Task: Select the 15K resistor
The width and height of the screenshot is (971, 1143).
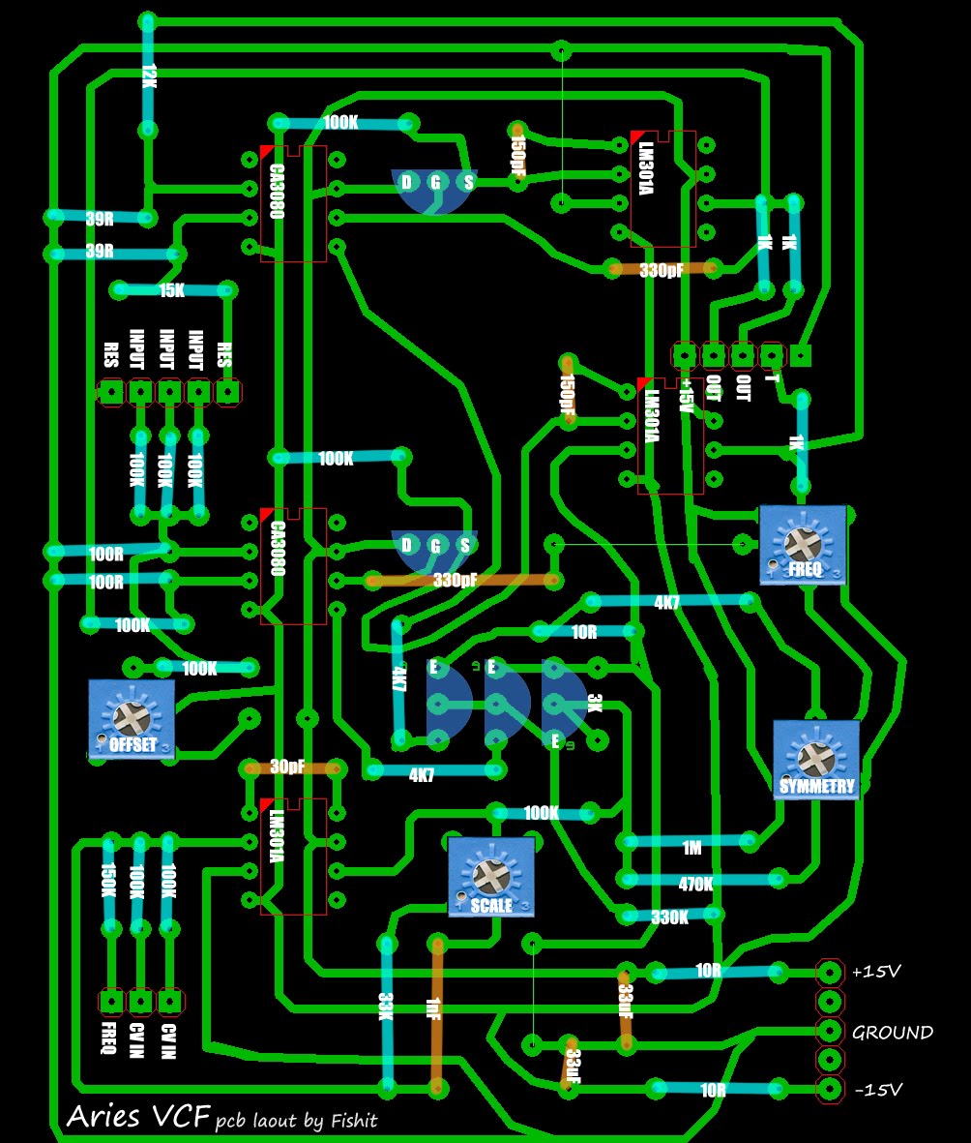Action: coord(172,289)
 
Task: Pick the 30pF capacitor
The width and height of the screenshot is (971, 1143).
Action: coord(291,767)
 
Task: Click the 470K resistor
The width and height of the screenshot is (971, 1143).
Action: coord(694,883)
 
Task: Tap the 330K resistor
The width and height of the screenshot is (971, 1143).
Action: coord(669,916)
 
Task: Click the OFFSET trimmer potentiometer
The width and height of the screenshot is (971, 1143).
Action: coord(132,718)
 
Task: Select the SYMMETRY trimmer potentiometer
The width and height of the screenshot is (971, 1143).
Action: coord(816,760)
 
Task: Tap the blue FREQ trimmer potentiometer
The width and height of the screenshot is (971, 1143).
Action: coord(803,545)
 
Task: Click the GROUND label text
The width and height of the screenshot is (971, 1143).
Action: coord(892,1033)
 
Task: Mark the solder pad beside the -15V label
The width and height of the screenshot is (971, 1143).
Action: coord(829,1090)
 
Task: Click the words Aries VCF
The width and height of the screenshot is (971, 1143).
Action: coord(137,1118)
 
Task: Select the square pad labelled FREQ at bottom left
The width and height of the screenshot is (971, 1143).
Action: coord(111,1001)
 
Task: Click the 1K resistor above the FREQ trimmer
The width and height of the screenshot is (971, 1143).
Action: coord(799,442)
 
